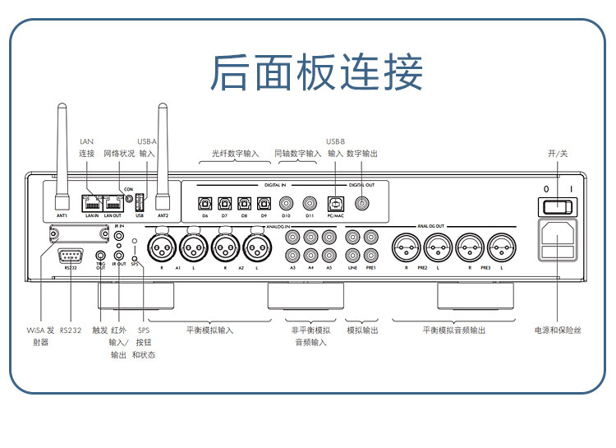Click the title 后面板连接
(316, 72)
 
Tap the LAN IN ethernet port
(90, 201)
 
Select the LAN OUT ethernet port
(112, 201)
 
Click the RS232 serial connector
(71, 254)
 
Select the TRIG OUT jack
(101, 256)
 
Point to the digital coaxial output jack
(362, 201)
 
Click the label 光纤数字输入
(235, 153)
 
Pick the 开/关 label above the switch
(558, 153)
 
